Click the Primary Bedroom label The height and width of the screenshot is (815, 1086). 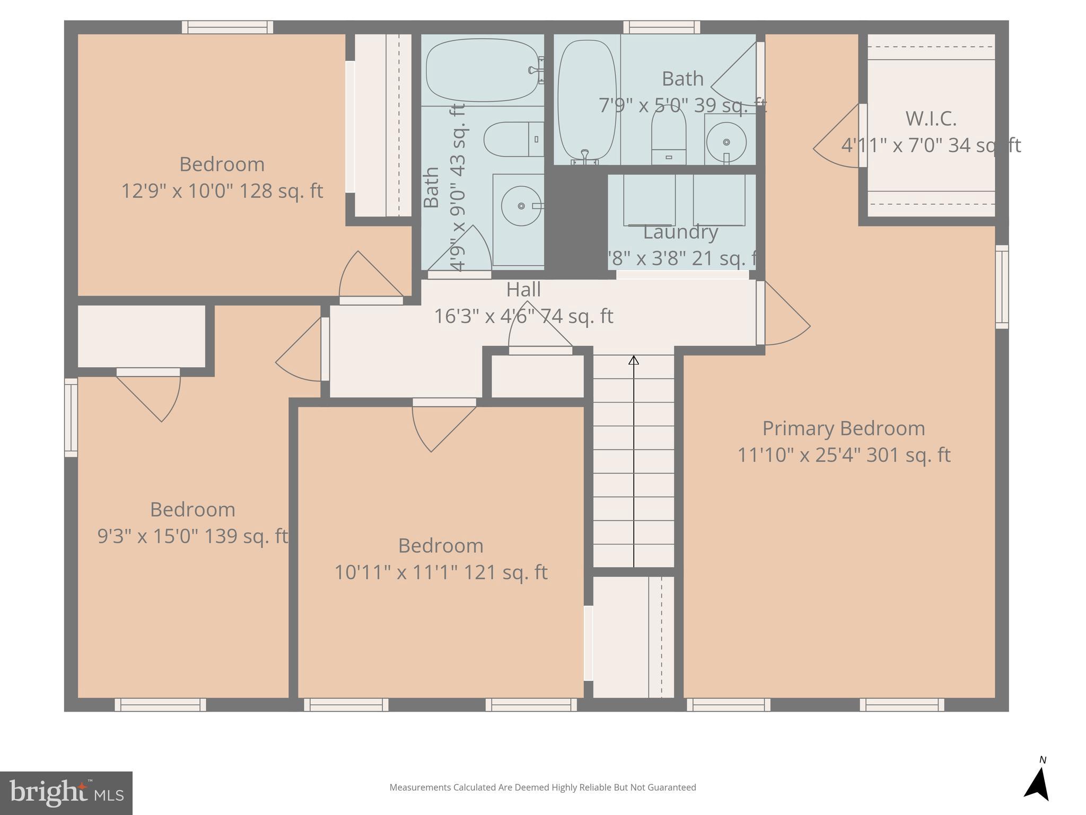click(x=843, y=428)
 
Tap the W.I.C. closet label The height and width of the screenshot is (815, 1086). click(x=931, y=119)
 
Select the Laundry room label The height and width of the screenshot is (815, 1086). click(x=680, y=232)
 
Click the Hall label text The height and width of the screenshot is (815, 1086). click(x=523, y=290)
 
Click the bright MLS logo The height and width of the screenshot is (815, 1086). click(x=66, y=793)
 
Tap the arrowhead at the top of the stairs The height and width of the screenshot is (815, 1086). click(x=633, y=360)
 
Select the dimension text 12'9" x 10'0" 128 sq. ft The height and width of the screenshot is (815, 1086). click(x=222, y=191)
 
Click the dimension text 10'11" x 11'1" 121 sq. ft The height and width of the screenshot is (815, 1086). click(x=441, y=573)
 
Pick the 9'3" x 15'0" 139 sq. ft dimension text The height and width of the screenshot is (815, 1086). click(x=192, y=536)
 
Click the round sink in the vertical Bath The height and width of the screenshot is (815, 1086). click(x=521, y=206)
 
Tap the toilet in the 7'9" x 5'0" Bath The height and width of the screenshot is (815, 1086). click(x=668, y=136)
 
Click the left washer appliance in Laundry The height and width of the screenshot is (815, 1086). click(x=649, y=200)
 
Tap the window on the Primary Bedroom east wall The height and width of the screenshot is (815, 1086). click(x=1001, y=287)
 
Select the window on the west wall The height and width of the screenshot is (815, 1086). click(x=71, y=417)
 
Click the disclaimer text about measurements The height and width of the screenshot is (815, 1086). click(x=542, y=787)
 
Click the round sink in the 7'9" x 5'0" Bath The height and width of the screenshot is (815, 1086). click(x=726, y=142)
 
